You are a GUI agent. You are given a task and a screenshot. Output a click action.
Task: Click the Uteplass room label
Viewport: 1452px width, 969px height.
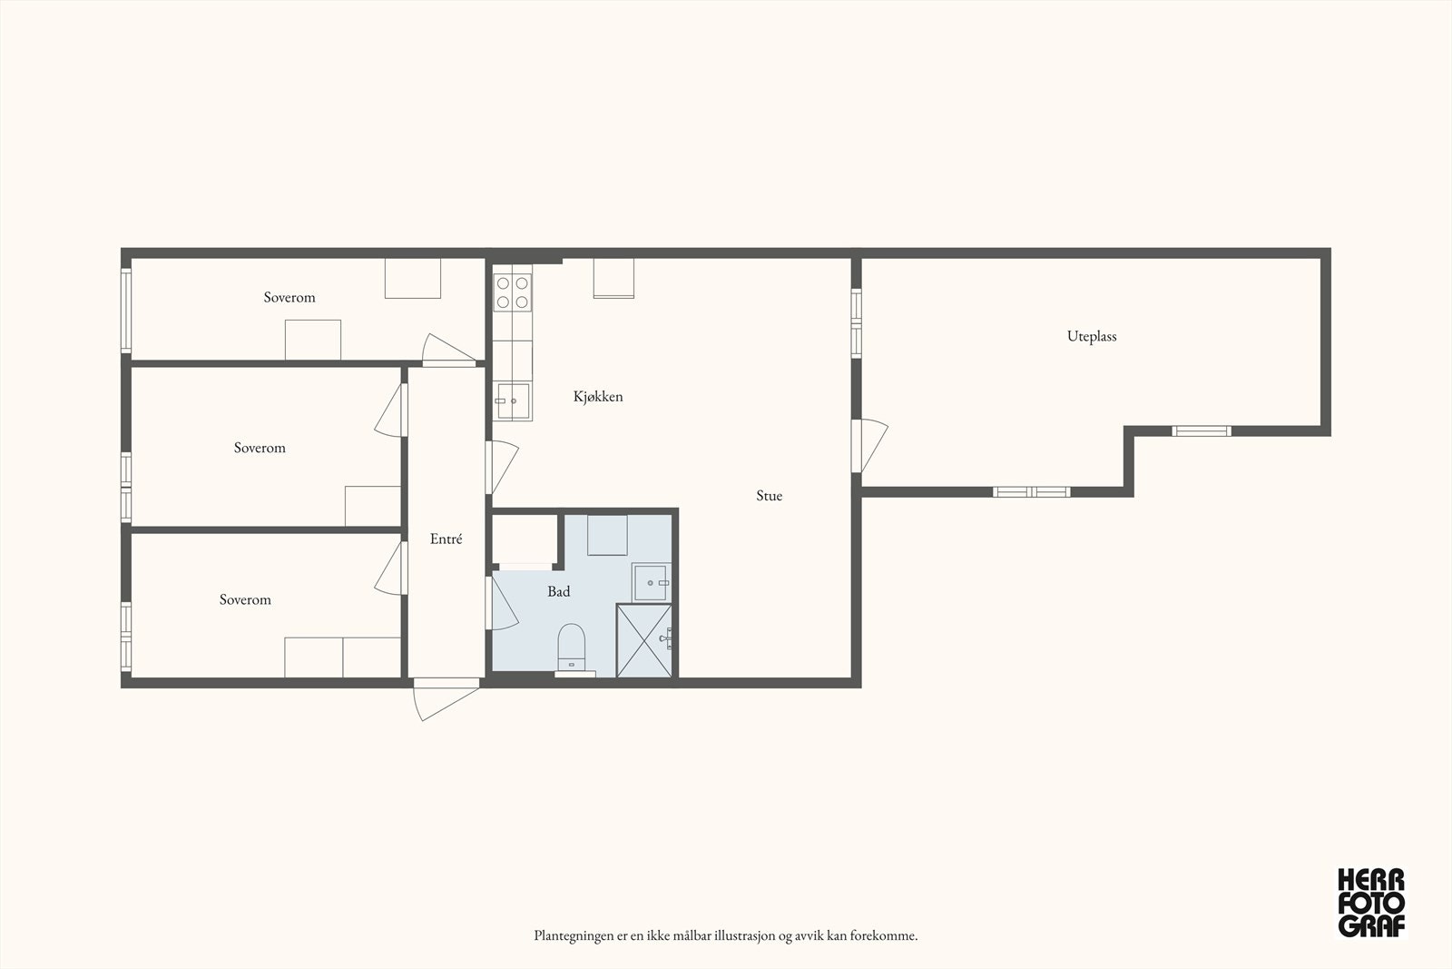(x=1092, y=337)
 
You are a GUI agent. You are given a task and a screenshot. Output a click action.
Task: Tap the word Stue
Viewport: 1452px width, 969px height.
(x=769, y=496)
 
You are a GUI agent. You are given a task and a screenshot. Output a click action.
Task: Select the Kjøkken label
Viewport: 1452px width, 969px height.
(x=598, y=396)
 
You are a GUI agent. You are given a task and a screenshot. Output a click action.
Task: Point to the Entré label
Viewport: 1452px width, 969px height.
(x=446, y=539)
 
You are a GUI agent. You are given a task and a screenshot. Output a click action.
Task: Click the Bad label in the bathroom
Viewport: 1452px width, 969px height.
(x=558, y=591)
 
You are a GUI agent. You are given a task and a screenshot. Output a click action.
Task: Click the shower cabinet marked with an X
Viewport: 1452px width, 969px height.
(x=644, y=641)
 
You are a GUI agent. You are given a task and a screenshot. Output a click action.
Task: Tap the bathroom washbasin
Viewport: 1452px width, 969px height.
(x=651, y=582)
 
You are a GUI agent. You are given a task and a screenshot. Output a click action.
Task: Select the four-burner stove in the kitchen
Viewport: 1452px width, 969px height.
(x=512, y=292)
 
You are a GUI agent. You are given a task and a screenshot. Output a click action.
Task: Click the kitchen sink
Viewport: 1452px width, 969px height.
(x=513, y=401)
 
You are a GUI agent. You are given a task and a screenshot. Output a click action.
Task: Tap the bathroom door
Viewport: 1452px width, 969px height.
(x=503, y=602)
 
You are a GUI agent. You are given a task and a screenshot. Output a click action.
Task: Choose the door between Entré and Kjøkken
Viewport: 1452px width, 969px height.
(x=503, y=468)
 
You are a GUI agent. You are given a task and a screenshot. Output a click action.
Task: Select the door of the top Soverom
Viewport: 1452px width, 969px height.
(x=448, y=351)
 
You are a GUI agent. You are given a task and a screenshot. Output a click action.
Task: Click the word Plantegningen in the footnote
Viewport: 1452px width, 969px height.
(x=573, y=936)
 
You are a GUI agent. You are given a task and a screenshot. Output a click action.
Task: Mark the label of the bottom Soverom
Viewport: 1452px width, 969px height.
(x=245, y=600)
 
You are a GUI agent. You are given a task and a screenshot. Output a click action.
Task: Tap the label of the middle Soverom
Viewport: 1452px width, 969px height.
(x=260, y=449)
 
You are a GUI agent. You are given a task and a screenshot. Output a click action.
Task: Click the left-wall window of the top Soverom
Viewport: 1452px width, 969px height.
(x=126, y=311)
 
